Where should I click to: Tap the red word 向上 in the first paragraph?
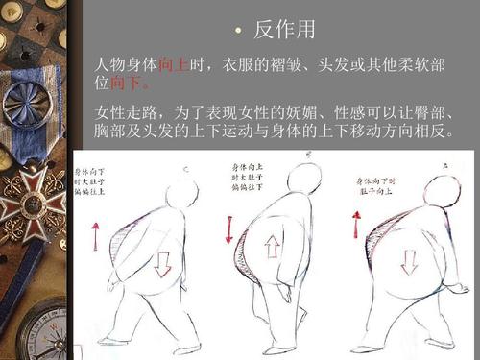(174, 64)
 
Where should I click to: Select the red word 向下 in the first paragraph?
(125, 84)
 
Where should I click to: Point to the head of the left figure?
(181, 194)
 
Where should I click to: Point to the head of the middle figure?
(304, 179)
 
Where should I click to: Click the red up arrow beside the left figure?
(95, 235)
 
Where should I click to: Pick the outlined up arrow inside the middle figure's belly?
(272, 247)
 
